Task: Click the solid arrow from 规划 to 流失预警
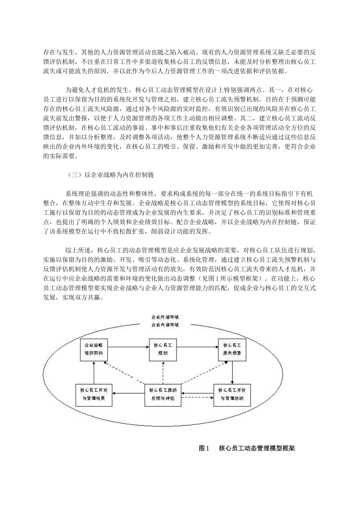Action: pyautogui.click(x=198, y=345)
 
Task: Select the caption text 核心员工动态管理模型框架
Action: pyautogui.click(x=257, y=448)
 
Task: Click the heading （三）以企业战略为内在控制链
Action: pyautogui.click(x=110, y=175)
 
